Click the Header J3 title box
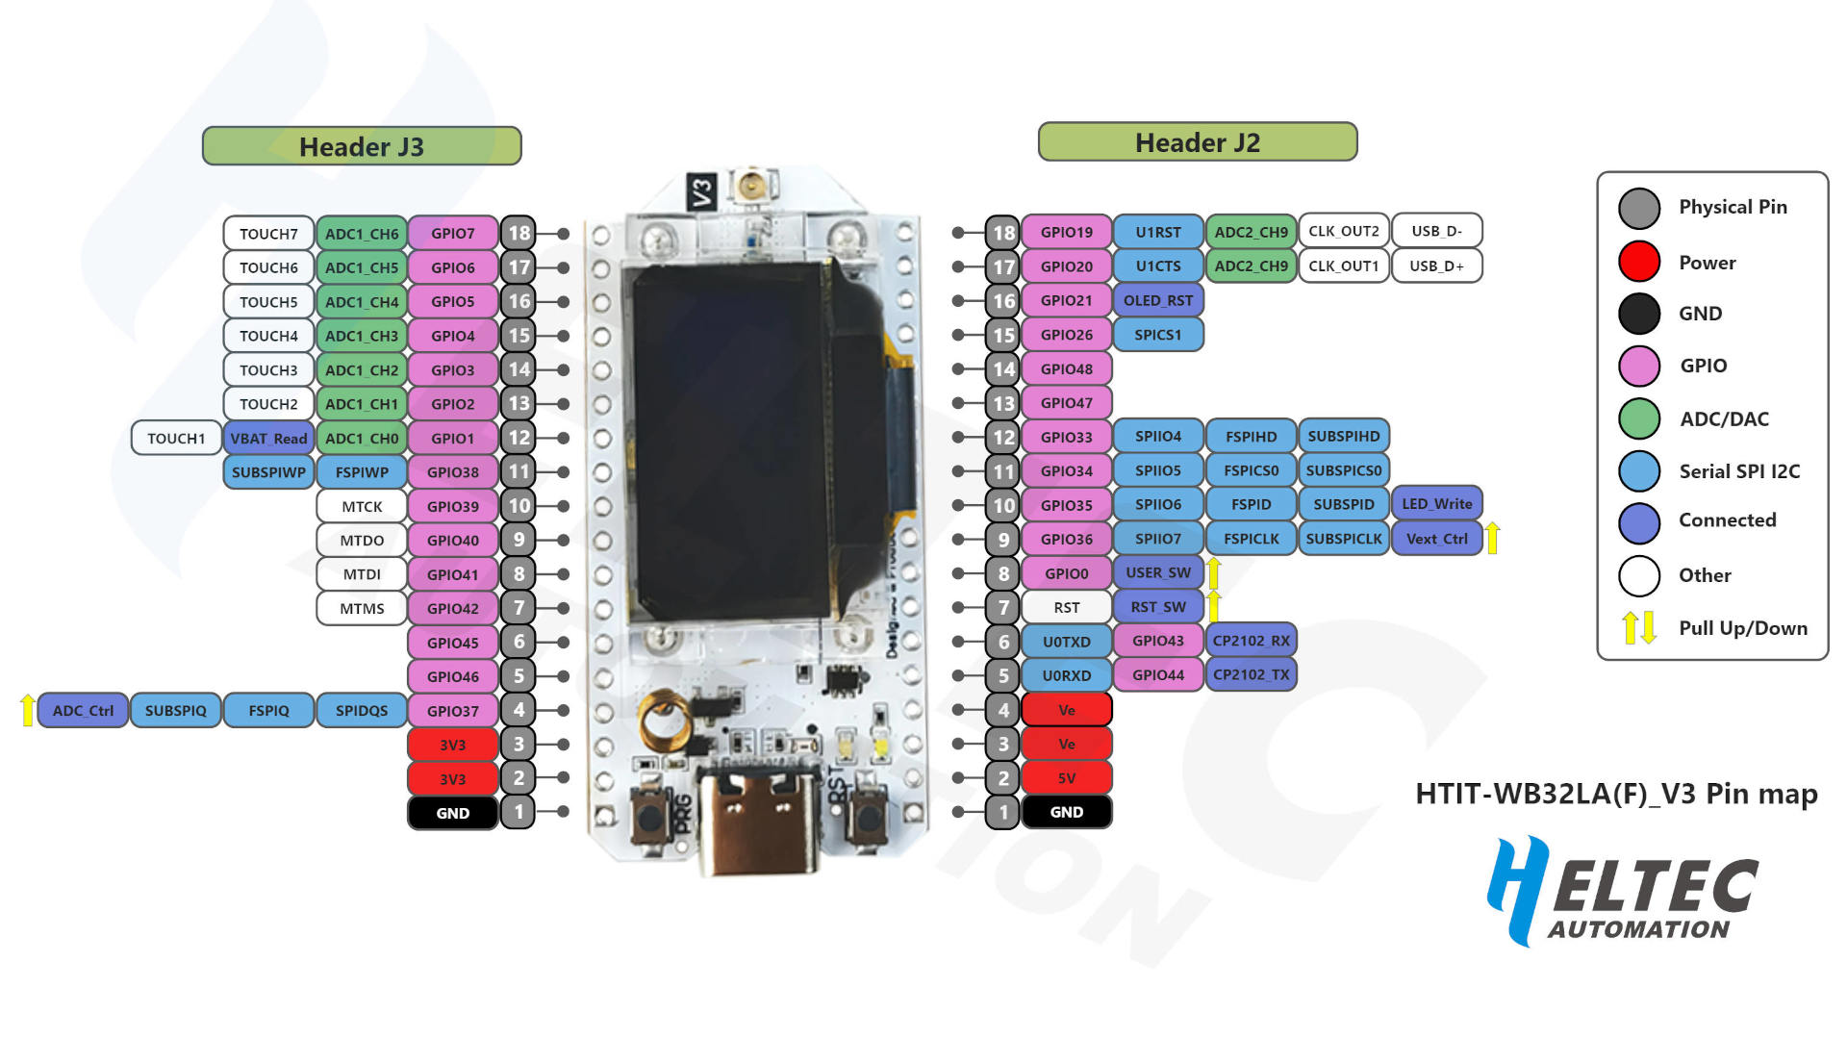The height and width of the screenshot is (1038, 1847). (362, 146)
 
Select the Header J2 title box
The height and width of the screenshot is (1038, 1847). (1198, 142)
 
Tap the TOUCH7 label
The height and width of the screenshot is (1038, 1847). (268, 234)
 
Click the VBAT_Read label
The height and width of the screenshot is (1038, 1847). (268, 439)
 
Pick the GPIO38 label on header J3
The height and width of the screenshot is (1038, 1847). (453, 472)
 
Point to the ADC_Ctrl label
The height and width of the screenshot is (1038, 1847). (83, 711)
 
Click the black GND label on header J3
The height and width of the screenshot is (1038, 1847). (453, 813)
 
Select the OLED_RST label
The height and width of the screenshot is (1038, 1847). (1158, 300)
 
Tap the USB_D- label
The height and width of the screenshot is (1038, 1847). (1437, 231)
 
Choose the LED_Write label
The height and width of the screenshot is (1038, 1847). (1437, 504)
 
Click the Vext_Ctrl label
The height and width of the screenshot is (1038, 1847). (1437, 539)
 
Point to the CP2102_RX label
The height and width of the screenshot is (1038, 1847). (1252, 641)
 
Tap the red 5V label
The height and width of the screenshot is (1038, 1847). (1067, 778)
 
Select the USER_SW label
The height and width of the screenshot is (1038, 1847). (1158, 572)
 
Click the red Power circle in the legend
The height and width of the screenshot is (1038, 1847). (1639, 262)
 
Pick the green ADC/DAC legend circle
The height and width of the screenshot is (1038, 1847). (1639, 418)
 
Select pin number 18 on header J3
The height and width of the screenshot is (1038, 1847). (519, 233)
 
